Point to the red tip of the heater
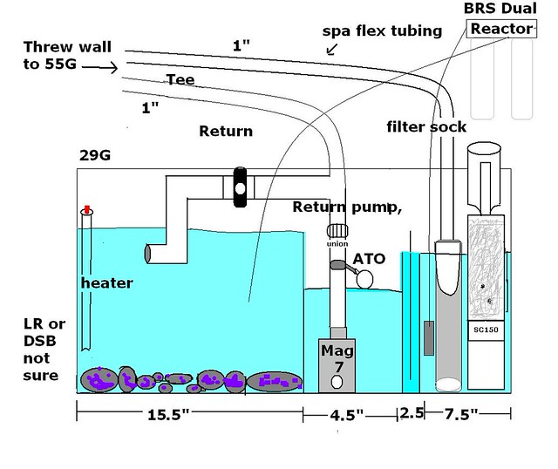click(x=85, y=211)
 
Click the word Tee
click(x=179, y=79)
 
